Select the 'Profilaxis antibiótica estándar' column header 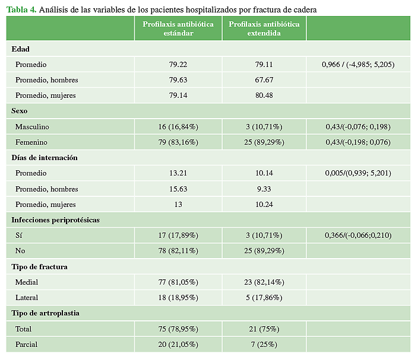178,28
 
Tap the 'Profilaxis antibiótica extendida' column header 264,28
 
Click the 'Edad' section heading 20,49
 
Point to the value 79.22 178,64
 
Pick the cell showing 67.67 264,80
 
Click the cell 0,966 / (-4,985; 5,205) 357,64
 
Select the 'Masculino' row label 33,127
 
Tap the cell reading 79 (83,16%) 178,142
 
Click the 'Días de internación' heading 45,158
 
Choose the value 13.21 178,173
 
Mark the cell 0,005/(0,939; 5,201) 357,173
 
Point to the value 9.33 264,189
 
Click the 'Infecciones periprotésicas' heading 55,220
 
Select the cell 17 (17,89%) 178,235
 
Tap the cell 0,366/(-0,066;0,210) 357,235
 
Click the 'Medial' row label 27,282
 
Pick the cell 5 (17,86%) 264,298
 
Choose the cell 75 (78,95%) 178,329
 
